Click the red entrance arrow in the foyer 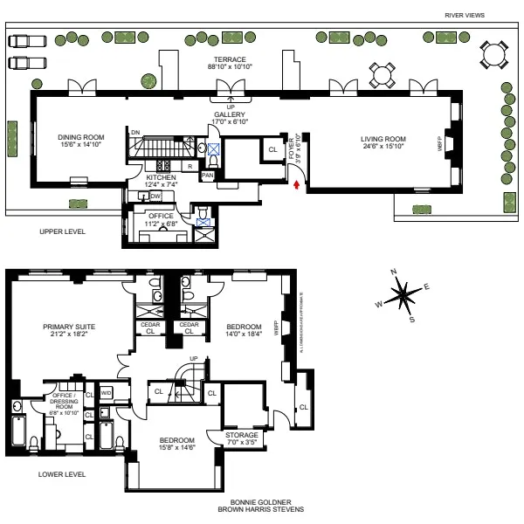[298, 183]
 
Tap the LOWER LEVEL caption [62, 474]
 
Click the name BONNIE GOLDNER [261, 502]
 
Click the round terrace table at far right [493, 56]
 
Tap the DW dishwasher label [155, 197]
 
